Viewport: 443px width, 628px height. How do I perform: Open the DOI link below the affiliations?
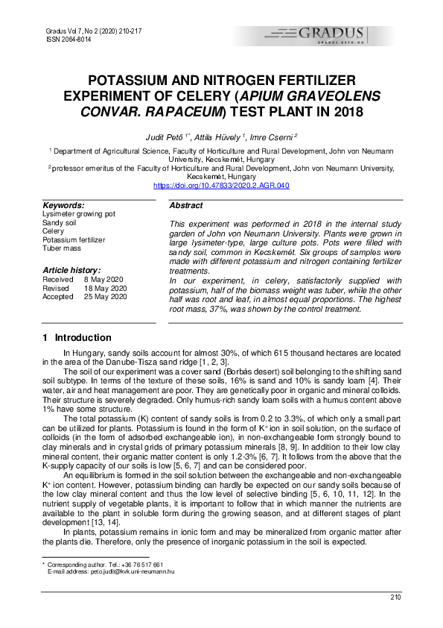tap(221, 185)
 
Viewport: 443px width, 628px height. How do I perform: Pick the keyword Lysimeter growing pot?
tap(79, 214)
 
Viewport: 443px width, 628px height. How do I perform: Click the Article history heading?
tap(71, 269)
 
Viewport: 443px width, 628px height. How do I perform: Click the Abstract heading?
tap(186, 205)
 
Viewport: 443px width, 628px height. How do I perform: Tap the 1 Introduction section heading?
tap(77, 337)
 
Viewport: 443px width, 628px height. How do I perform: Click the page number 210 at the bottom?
tap(395, 597)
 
